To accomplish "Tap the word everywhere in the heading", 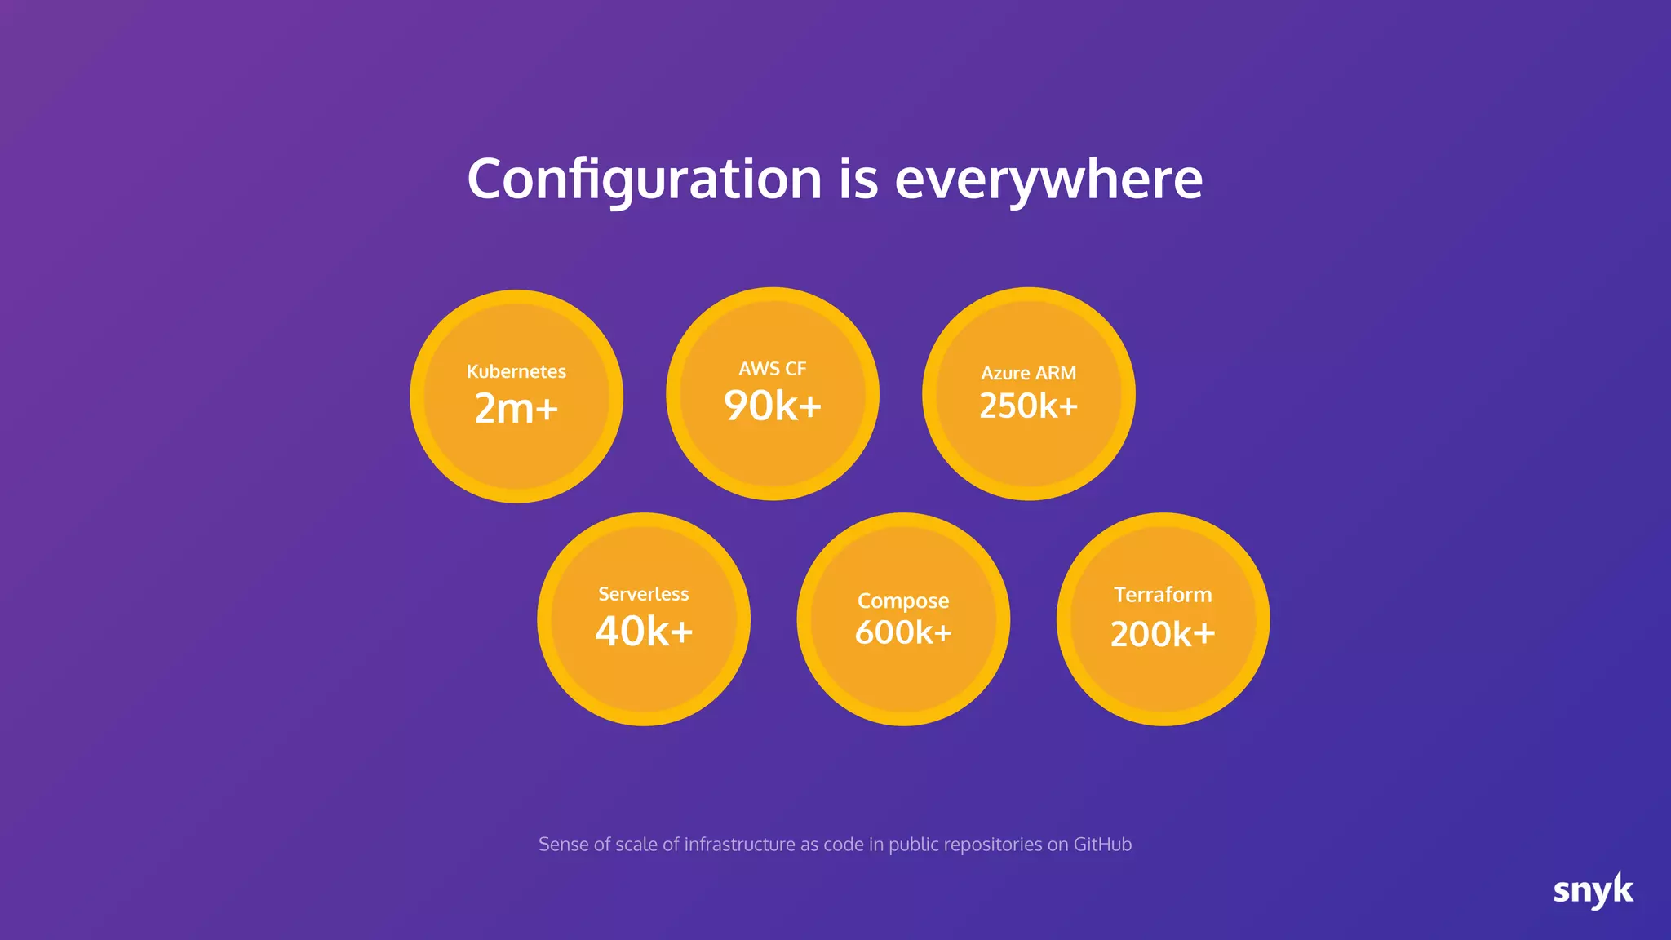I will point(1048,180).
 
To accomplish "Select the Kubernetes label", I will point(516,372).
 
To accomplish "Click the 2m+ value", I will point(516,408).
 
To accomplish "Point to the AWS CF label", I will point(773,369).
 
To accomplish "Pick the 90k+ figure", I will point(773,406).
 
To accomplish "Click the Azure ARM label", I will point(1029,373).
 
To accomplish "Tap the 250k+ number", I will point(1029,406).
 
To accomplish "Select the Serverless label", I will point(644,594).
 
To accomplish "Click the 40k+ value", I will point(644,632).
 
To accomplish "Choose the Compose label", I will point(903,601).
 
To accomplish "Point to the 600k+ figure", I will point(903,632).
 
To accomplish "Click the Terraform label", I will point(1163,595).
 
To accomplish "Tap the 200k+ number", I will point(1163,634).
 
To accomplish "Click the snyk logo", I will point(1593,890).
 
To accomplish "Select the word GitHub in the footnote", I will point(1102,845).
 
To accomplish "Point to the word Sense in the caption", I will point(563,845).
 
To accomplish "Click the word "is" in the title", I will point(858,180).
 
